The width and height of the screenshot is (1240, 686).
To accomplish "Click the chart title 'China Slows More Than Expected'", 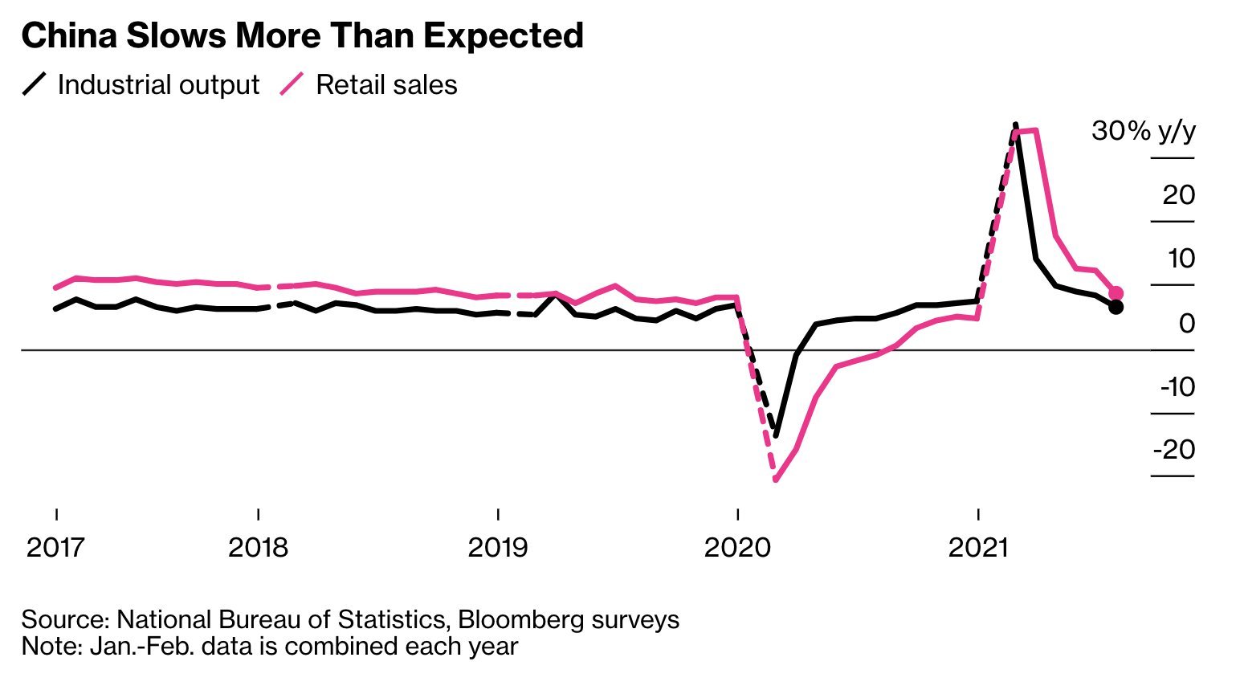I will coord(302,36).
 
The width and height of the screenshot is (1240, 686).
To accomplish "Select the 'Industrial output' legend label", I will coord(158,85).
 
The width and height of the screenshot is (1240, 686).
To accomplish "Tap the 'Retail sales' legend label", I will coord(386,85).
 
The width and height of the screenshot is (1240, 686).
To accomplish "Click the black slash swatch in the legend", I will coord(36,84).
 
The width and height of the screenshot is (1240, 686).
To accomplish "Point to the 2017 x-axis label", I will coord(55,548).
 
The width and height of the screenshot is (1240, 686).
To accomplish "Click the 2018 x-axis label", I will coord(258,548).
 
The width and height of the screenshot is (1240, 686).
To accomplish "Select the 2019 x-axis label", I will coord(498,548).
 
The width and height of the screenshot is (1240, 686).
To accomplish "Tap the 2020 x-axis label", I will coord(737,548).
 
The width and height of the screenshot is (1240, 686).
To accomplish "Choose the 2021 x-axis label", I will coord(977,548).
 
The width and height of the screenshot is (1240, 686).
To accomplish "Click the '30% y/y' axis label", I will coord(1143,131).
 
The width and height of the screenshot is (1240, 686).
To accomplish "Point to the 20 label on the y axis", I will coord(1178,194).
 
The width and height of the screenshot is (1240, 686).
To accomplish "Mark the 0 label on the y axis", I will coord(1187,323).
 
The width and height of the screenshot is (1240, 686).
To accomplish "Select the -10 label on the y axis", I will coord(1177,386).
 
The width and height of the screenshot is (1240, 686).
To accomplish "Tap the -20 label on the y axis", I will coord(1174,449).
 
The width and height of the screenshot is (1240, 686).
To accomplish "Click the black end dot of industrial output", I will coord(1116,307).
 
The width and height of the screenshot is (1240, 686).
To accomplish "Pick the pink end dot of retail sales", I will coord(1116,293).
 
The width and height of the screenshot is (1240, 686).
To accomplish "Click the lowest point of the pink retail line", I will coord(776,480).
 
